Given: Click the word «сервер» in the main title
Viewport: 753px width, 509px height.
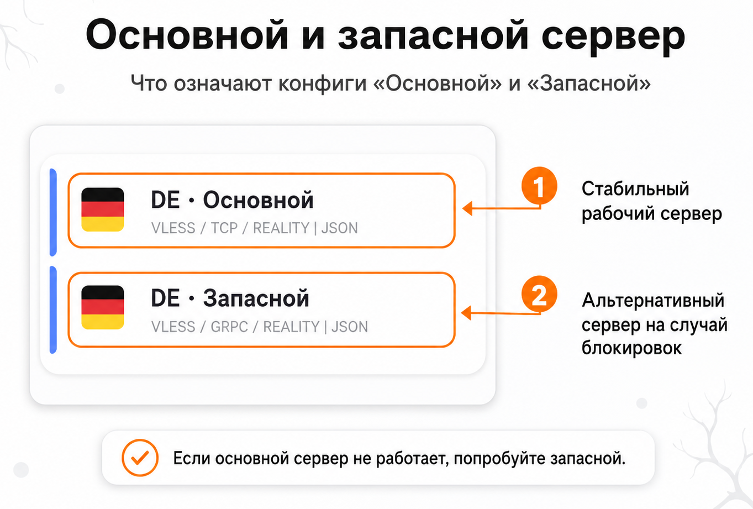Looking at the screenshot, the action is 613,36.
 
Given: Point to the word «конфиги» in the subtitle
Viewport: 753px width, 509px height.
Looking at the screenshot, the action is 323,83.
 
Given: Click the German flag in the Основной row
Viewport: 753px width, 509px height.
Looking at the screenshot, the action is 103,209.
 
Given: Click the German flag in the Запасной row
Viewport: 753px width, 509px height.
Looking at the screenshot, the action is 103,307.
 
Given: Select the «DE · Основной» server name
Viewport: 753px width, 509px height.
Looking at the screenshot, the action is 232,200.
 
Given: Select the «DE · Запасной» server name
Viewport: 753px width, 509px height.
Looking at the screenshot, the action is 230,298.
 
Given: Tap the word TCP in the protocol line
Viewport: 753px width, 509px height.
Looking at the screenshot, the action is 224,228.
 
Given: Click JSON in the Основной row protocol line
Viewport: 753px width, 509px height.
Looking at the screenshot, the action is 339,228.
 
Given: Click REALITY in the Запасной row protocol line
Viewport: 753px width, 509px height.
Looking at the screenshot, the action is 291,327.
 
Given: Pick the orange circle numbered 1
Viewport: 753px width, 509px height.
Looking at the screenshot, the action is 539,186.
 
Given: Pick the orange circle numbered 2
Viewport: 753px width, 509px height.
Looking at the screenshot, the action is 539,294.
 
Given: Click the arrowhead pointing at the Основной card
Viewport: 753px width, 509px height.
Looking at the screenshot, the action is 467,208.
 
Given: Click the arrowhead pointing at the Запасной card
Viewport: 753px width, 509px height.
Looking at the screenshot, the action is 466,313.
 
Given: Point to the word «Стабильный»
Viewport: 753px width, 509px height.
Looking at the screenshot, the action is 635,188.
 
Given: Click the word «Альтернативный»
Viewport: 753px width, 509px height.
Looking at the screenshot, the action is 653,300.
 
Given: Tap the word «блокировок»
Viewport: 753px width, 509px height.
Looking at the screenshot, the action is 631,348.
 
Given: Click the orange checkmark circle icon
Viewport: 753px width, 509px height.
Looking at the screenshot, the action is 140,458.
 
